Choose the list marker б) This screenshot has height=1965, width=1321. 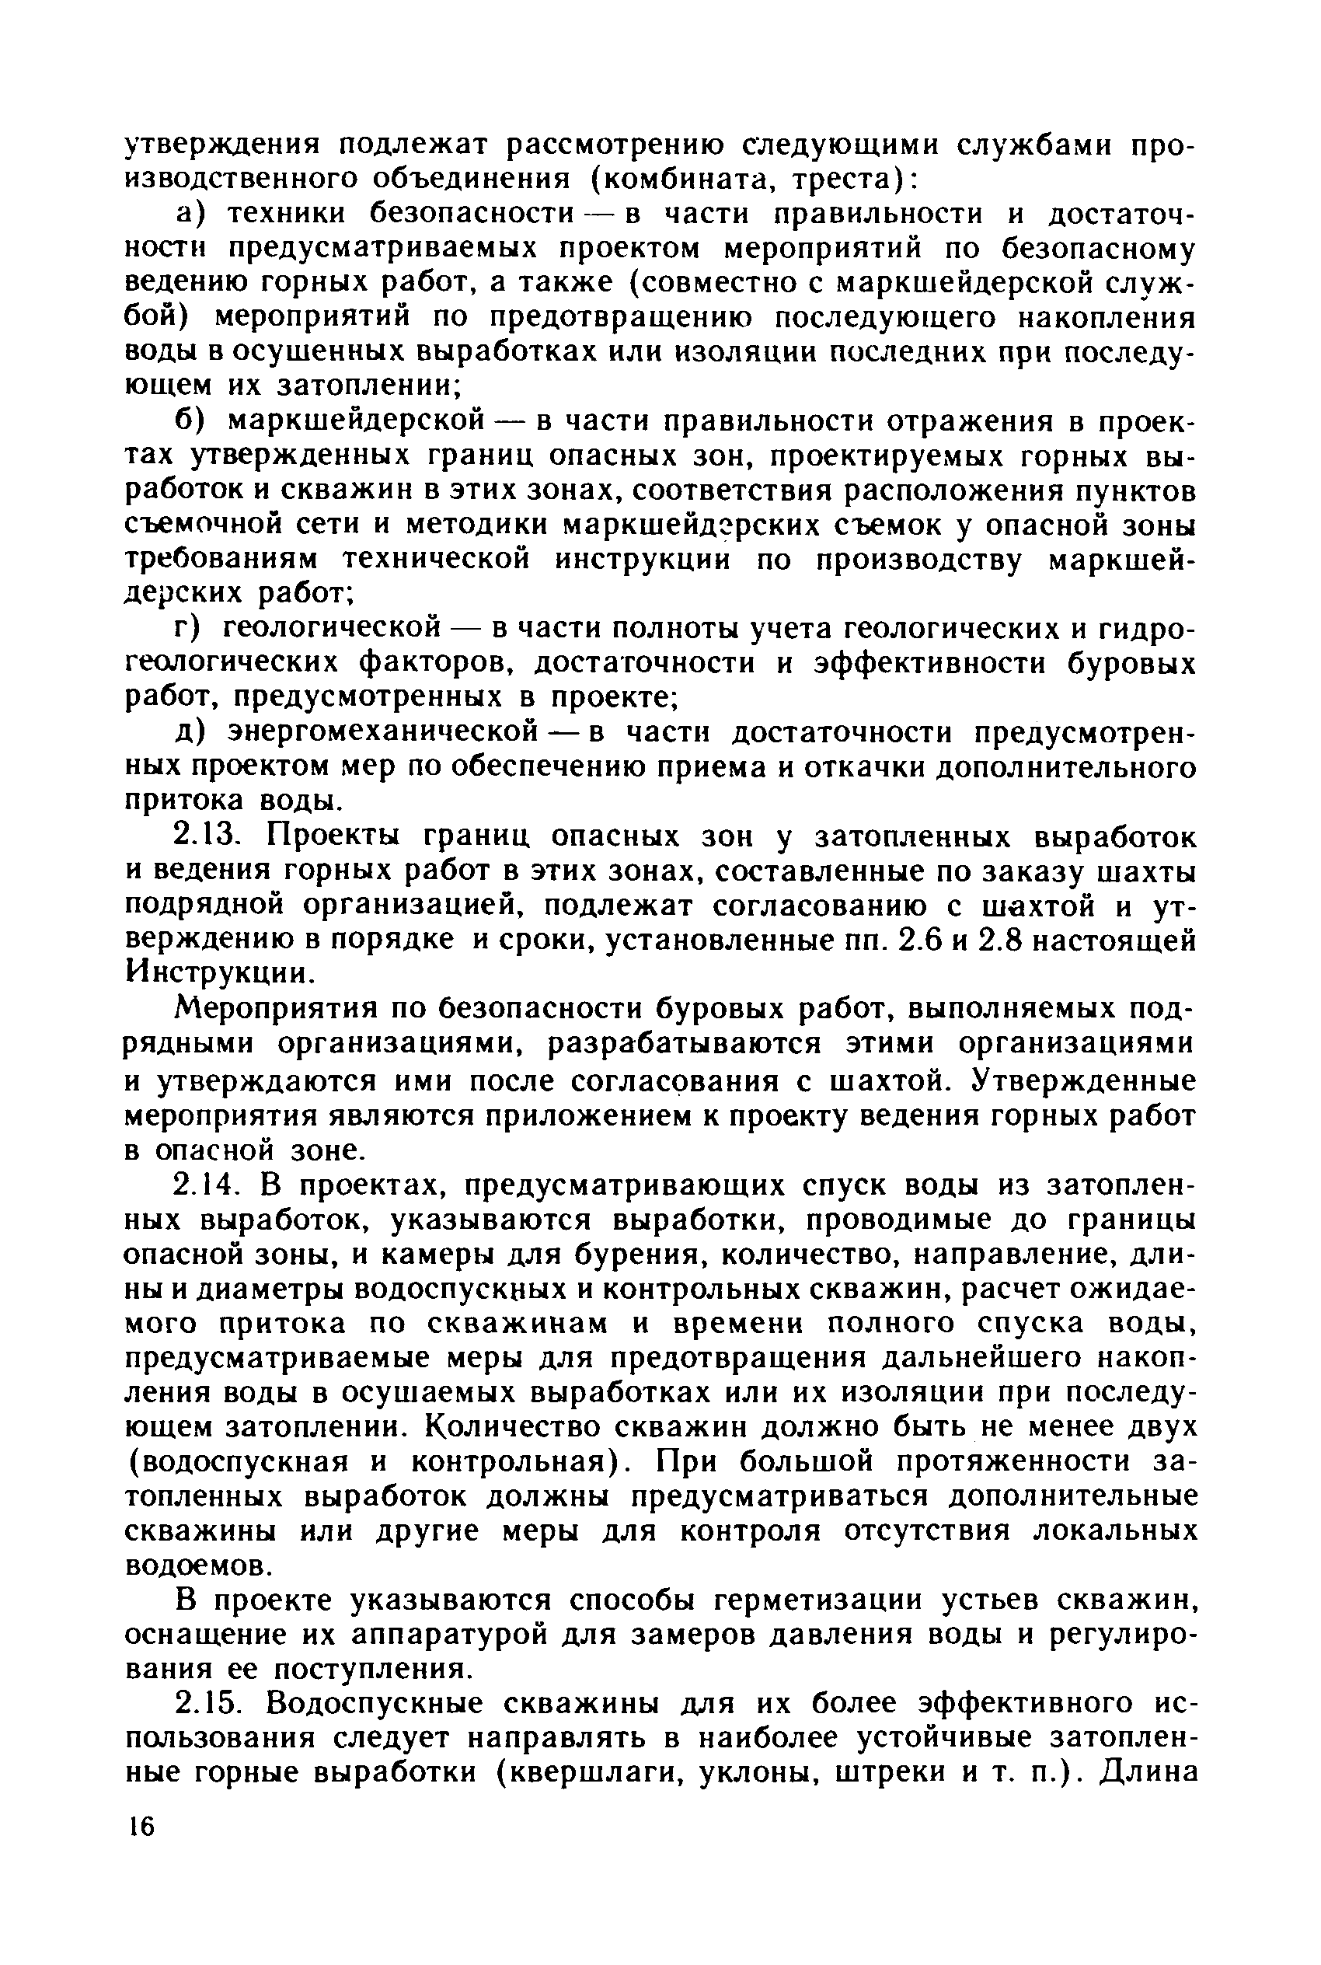coord(193,421)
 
